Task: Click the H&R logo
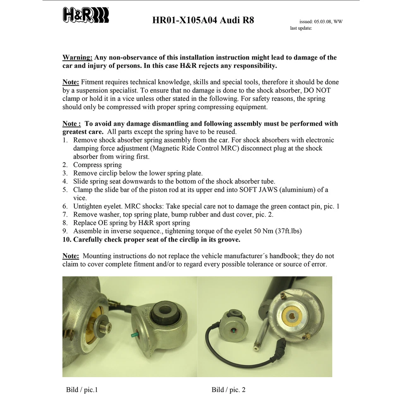(x=86, y=15)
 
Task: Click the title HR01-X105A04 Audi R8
(x=203, y=20)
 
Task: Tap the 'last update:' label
(x=301, y=28)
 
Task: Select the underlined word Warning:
(x=77, y=57)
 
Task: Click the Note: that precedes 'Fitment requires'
(x=71, y=82)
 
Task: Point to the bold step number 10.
(x=67, y=239)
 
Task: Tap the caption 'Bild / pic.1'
(x=82, y=390)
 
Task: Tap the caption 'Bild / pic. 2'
(x=228, y=390)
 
